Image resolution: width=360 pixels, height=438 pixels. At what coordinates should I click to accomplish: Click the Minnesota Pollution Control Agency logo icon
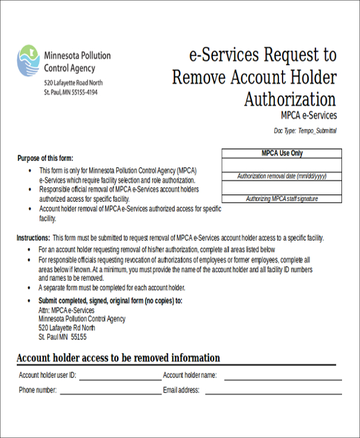click(28, 61)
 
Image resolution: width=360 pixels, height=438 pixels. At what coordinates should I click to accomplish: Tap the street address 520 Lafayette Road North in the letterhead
click(73, 83)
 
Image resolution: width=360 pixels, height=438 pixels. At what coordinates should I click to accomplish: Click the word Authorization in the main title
click(290, 99)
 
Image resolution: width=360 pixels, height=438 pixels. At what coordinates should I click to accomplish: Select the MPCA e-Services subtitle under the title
click(308, 116)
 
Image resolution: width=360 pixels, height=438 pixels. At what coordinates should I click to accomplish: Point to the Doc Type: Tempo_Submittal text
click(305, 130)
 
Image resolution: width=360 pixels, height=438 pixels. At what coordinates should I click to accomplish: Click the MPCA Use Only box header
click(281, 154)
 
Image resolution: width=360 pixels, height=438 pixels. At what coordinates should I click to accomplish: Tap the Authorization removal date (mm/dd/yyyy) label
click(281, 176)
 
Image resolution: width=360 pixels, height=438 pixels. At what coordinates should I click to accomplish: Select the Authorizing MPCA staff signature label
click(281, 199)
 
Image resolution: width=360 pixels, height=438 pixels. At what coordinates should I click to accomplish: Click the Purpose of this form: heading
click(45, 158)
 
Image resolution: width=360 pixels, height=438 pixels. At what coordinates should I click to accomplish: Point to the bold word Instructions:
click(33, 238)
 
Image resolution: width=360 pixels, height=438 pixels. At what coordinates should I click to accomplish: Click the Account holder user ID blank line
click(120, 378)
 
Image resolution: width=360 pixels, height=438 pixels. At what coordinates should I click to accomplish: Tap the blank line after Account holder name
click(283, 378)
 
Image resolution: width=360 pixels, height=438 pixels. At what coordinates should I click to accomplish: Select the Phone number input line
click(110, 392)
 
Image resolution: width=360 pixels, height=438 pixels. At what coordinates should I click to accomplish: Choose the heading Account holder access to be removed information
click(118, 358)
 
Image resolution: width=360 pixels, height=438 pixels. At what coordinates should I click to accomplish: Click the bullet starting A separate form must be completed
click(111, 287)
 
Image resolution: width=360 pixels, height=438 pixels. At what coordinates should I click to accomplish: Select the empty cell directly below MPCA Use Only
click(281, 165)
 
